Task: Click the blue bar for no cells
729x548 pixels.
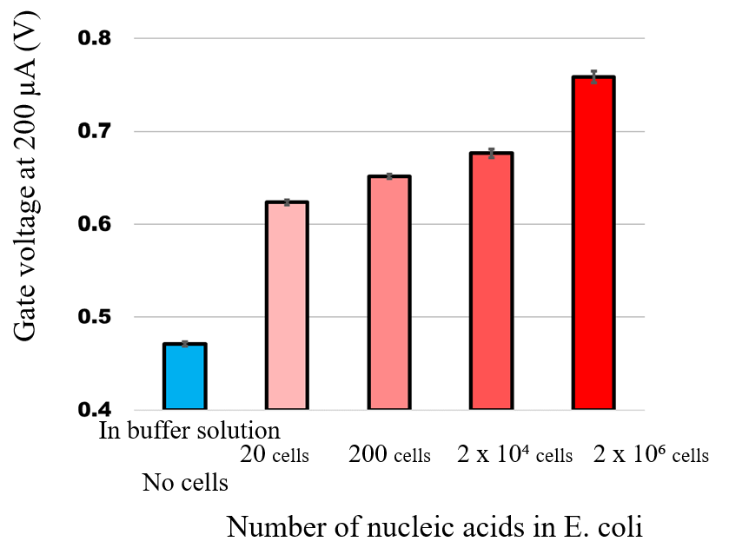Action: pos(184,377)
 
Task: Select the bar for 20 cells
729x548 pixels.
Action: pos(287,306)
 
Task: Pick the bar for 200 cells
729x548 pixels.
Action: pos(389,293)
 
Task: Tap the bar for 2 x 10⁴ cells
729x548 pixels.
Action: pos(492,281)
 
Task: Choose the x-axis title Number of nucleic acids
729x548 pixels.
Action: pos(434,526)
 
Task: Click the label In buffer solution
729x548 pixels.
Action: pos(189,431)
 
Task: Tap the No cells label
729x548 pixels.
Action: pos(185,483)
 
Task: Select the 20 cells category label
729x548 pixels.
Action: pos(274,454)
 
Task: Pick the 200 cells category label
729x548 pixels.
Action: pos(389,454)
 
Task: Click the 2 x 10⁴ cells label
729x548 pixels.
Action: pos(514,454)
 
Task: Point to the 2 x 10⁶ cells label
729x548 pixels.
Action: pos(651,454)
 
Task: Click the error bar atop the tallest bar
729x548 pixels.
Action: pos(593,77)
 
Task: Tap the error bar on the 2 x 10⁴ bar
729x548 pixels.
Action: pos(492,154)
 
